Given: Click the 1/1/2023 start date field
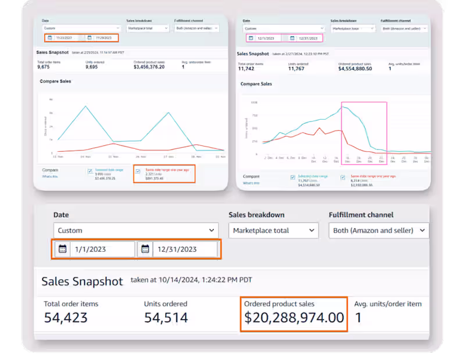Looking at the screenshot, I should pos(102,249).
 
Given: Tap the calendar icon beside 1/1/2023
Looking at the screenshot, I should pos(62,249).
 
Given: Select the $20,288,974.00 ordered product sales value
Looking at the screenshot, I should pos(294,318).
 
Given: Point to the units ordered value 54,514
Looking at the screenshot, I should pos(166,318).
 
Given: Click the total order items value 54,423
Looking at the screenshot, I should pos(66,318).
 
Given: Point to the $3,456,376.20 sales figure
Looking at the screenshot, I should pos(141,67).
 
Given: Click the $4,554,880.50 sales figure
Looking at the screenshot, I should pos(355,68).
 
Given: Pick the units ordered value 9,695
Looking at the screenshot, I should pos(95,67).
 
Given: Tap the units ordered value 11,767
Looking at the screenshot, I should pos(300,68).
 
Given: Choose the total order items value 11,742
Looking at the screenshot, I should pos(249,68).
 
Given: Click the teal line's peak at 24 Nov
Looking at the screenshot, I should pos(86,106).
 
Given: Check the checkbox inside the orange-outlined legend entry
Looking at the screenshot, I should pos(138,172).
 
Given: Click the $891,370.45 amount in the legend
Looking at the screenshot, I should pos(155,178).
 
